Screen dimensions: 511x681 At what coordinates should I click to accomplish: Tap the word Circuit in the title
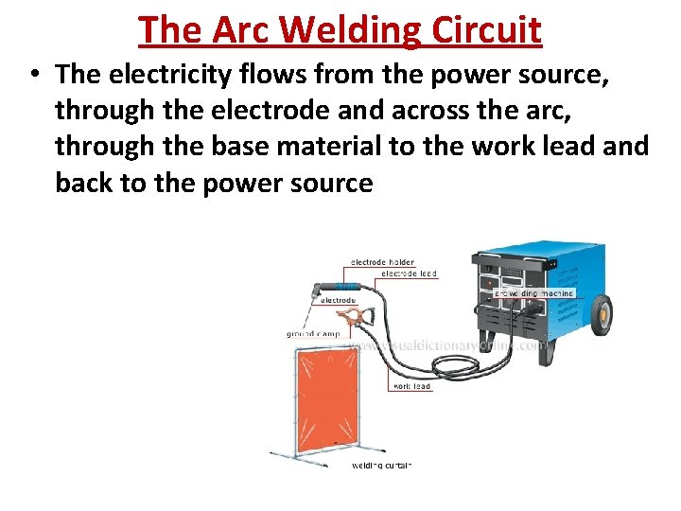point(488,30)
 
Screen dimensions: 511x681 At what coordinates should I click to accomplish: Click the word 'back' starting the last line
point(84,182)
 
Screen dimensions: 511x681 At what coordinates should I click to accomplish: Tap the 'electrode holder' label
point(382,262)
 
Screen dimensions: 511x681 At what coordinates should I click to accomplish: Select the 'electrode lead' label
point(409,273)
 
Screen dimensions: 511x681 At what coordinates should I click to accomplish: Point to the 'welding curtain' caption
point(382,465)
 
